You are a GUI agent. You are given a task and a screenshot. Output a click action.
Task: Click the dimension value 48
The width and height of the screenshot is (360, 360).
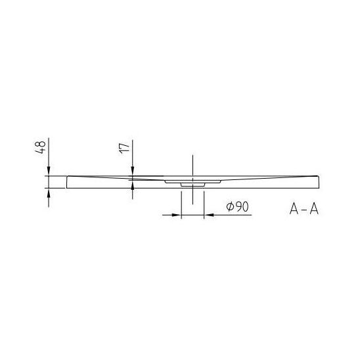click(x=41, y=148)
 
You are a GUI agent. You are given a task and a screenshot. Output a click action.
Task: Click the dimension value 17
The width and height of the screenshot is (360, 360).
click(x=125, y=148)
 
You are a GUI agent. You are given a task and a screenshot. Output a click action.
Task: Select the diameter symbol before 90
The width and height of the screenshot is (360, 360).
click(x=230, y=207)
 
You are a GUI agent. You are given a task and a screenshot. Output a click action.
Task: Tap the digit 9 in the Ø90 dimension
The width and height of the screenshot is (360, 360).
click(x=238, y=207)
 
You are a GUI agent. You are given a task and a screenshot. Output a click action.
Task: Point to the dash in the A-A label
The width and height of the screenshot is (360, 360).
click(x=304, y=210)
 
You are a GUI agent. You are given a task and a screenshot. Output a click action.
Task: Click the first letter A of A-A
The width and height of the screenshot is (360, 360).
click(x=294, y=209)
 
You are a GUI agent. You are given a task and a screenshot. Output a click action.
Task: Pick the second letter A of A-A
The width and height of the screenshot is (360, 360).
click(x=314, y=209)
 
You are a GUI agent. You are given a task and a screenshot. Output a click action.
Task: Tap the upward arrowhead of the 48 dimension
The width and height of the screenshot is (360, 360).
click(x=49, y=193)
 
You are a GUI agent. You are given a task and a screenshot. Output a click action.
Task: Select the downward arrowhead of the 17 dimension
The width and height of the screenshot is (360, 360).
click(x=133, y=171)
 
